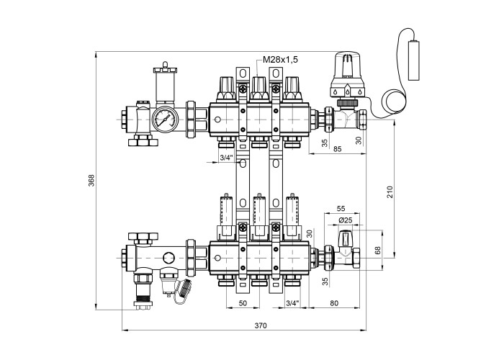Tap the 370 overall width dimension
pos(260,326)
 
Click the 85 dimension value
pos(336,149)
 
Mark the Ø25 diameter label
pos(345,220)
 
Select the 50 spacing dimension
pos(243,304)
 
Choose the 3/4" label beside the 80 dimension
pos(292,304)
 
